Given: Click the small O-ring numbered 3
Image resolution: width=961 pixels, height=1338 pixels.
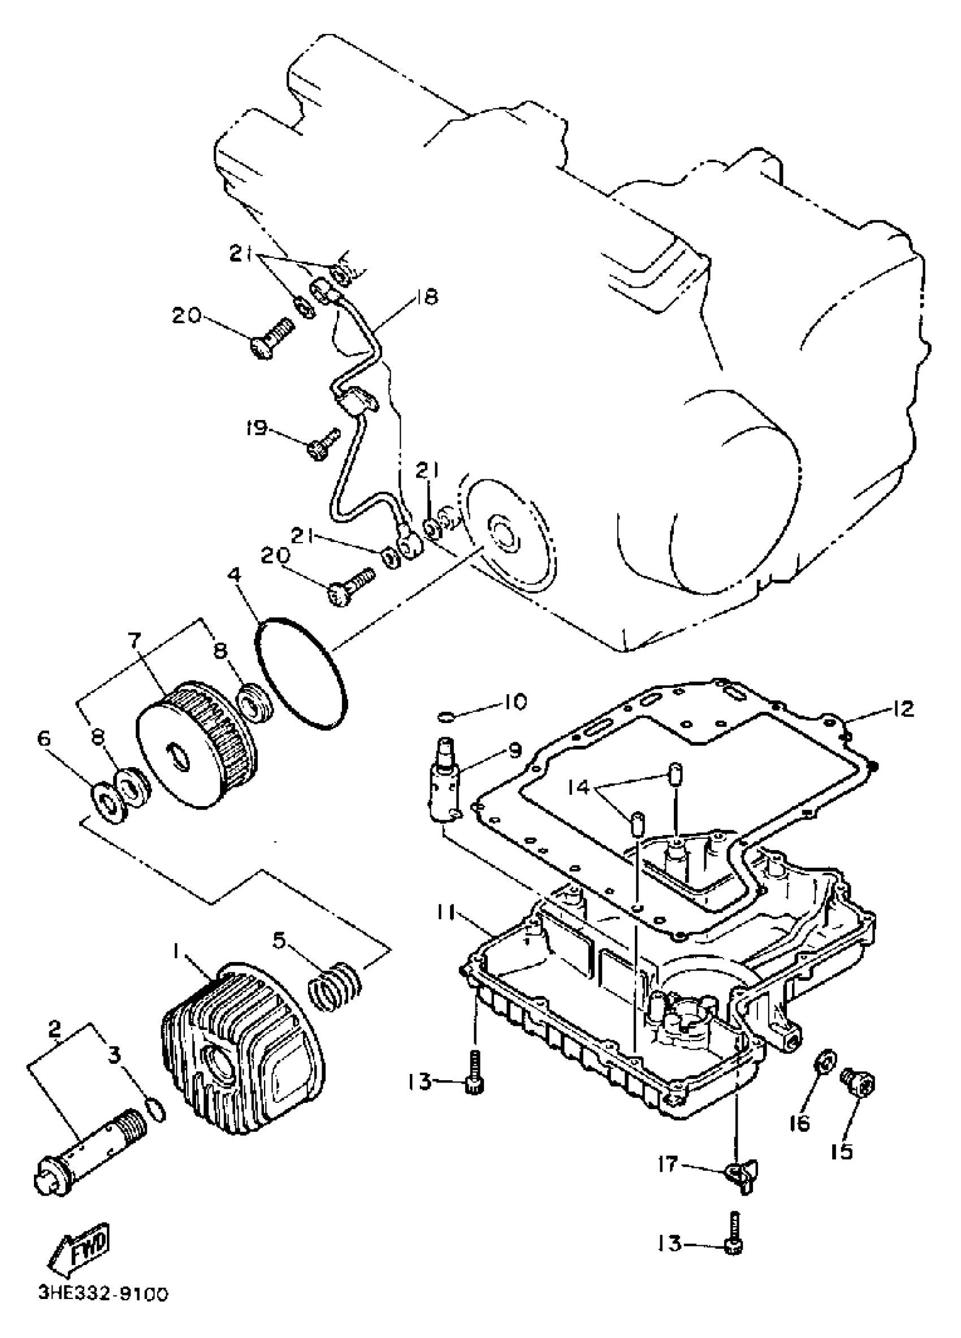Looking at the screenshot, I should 155,1110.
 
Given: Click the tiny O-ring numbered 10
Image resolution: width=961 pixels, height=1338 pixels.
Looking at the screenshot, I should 447,716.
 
